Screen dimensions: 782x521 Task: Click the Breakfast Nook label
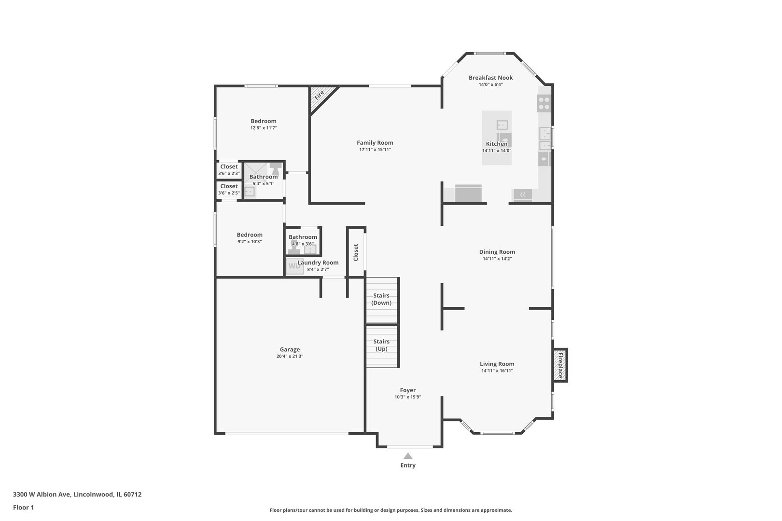(x=490, y=78)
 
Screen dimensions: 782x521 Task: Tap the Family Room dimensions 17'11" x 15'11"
(x=375, y=150)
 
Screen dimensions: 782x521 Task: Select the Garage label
(x=290, y=349)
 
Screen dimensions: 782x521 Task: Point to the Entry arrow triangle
(x=408, y=456)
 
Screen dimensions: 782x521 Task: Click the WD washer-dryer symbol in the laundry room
(x=294, y=266)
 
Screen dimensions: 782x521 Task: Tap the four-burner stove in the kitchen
(x=544, y=103)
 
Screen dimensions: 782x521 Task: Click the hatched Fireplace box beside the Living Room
(x=560, y=365)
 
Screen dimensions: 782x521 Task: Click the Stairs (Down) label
(x=381, y=299)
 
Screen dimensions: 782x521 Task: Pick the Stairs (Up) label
(x=381, y=345)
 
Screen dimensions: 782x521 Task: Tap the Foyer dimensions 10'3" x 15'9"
(x=408, y=397)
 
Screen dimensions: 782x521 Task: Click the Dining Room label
(x=497, y=252)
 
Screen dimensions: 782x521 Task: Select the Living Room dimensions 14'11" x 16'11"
(x=497, y=370)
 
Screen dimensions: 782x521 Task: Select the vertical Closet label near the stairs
(x=356, y=252)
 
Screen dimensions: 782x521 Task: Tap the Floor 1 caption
(x=23, y=507)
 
